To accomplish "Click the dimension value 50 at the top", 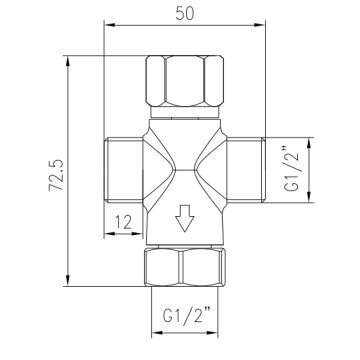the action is click(x=185, y=14).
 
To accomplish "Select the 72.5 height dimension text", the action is click(x=57, y=175).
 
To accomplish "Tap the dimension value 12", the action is click(x=123, y=223).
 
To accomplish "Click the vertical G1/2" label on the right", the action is click(x=293, y=168).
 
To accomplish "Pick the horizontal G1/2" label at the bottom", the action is click(x=187, y=316).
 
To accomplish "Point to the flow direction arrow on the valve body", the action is click(x=185, y=218).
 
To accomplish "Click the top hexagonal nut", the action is click(x=185, y=81).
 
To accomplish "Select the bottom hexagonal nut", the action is click(x=185, y=268).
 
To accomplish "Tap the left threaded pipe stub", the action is click(x=124, y=170).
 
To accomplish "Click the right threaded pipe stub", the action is click(x=246, y=170).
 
